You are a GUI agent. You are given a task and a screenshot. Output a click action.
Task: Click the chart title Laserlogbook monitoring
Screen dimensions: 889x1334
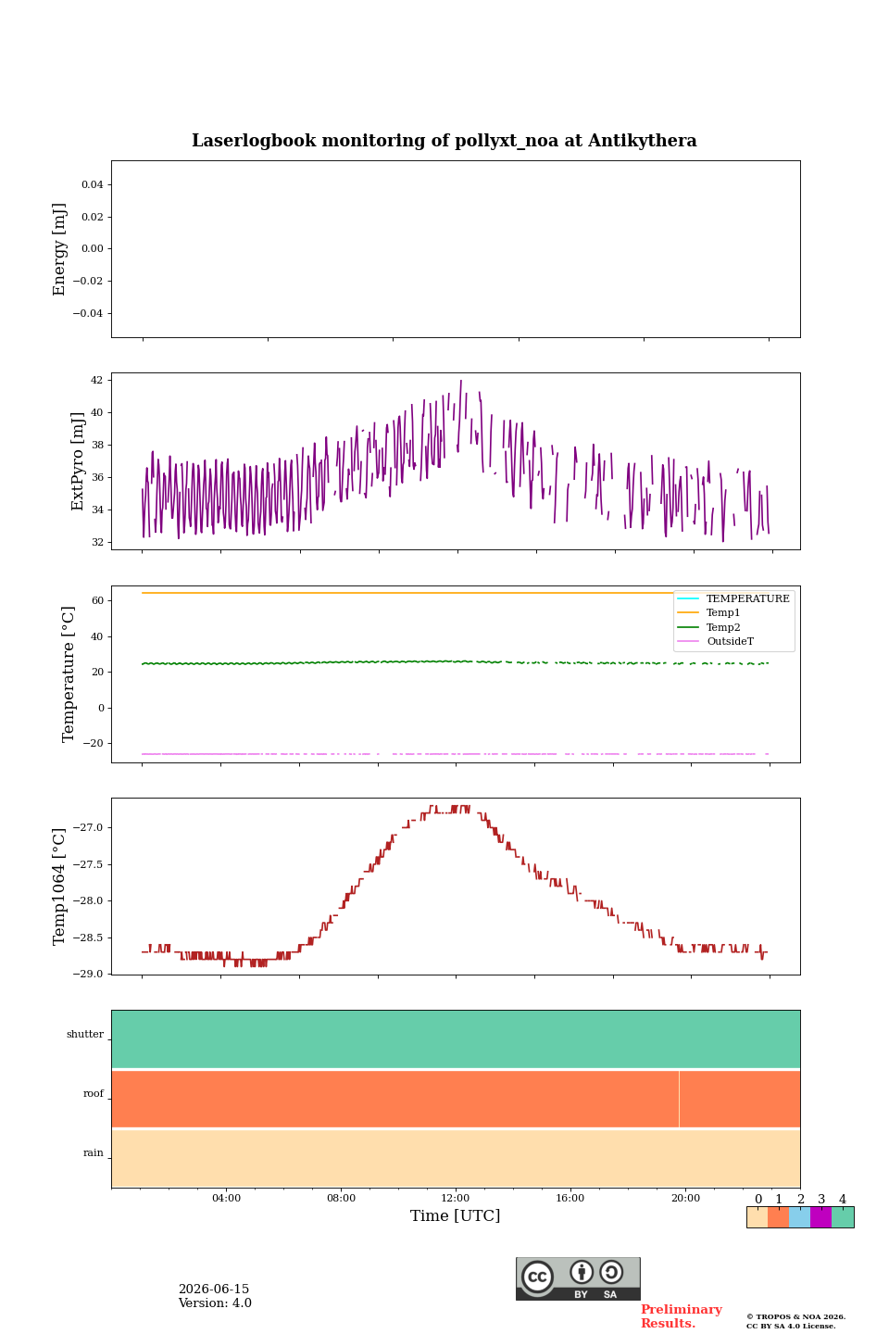[x=444, y=141]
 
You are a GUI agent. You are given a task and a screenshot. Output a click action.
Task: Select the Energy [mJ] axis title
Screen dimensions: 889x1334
[x=59, y=249]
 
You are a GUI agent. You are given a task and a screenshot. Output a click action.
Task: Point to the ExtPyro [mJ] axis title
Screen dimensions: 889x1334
[x=78, y=461]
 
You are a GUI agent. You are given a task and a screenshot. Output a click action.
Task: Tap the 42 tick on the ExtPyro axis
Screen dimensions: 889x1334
[x=96, y=380]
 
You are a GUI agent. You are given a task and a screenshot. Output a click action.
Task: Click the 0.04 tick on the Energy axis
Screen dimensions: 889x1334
[x=93, y=184]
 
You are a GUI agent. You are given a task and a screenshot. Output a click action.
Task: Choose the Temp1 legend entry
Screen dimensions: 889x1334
[x=723, y=612]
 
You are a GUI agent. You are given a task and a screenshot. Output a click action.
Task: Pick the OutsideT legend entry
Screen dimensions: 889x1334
[x=730, y=641]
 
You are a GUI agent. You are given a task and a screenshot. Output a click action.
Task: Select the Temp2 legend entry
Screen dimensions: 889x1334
[x=723, y=626]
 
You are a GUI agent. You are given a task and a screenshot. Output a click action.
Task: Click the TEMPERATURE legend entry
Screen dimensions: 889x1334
[x=747, y=598]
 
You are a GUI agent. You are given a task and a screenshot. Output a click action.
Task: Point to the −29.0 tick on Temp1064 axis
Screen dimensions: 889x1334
[x=88, y=974]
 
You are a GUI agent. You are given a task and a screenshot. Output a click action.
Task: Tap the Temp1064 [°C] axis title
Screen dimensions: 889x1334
[x=58, y=887]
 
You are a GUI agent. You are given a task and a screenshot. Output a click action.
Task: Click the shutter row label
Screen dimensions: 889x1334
[x=85, y=1034]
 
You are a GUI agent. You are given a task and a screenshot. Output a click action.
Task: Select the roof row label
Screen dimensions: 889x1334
[x=94, y=1093]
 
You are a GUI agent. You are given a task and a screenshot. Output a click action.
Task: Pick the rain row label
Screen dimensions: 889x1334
[x=94, y=1152]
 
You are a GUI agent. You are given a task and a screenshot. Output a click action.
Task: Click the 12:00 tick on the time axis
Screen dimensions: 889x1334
[x=455, y=1198]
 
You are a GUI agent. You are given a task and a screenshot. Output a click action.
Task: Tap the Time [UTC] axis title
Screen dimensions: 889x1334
[x=455, y=1215]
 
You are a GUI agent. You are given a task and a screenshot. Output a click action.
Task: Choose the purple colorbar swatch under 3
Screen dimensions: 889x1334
[x=820, y=1217]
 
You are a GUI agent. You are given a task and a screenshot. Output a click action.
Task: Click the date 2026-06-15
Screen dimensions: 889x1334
[x=214, y=1289]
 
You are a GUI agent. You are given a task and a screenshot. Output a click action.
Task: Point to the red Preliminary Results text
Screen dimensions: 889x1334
[x=682, y=1316]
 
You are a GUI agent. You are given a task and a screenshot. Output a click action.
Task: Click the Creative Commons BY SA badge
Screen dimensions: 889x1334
[x=578, y=1278]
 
